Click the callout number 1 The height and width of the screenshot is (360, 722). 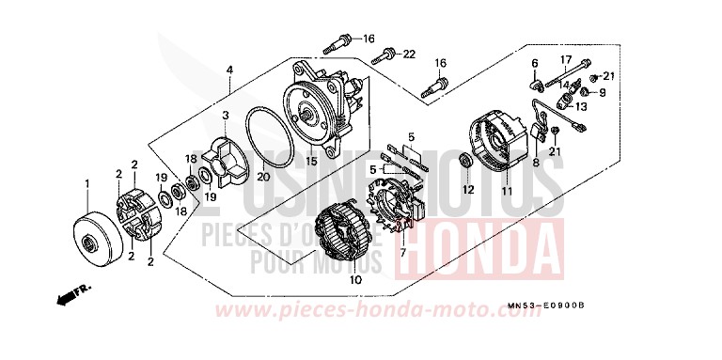[87, 182]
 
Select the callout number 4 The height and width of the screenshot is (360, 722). [228, 70]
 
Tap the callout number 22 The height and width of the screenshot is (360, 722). [408, 55]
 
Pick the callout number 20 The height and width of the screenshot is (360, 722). [263, 177]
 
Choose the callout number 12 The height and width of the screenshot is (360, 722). [463, 190]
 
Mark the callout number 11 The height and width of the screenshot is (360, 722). [506, 191]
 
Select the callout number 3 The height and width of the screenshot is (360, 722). [225, 115]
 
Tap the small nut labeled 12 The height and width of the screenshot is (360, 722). [463, 164]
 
